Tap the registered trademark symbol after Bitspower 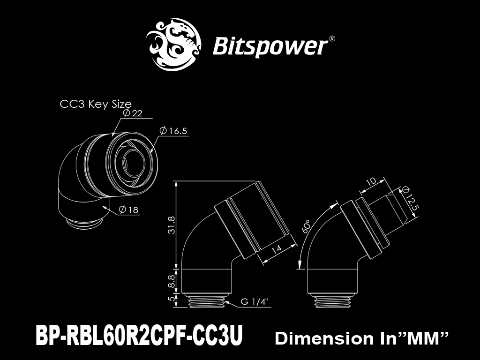331,39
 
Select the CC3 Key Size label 96,104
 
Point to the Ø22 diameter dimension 133,113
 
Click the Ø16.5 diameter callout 173,131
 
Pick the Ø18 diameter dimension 128,210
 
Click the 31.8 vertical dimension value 172,225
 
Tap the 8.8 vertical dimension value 172,281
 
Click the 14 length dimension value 277,248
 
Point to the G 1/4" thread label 255,302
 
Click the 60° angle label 307,226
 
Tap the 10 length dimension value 371,182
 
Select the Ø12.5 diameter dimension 410,198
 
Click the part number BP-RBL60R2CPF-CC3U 139,335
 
